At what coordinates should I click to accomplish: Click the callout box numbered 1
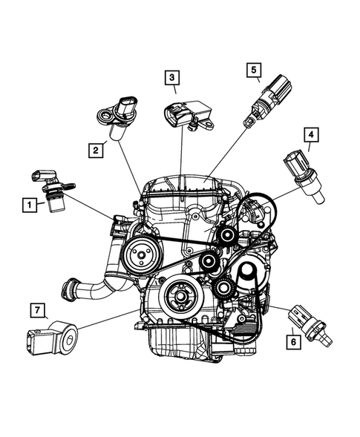29,204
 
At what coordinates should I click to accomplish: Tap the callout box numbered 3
171,76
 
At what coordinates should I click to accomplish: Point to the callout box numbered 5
254,71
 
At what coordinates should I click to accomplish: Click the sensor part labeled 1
53,191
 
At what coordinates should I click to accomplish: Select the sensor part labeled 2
117,118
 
